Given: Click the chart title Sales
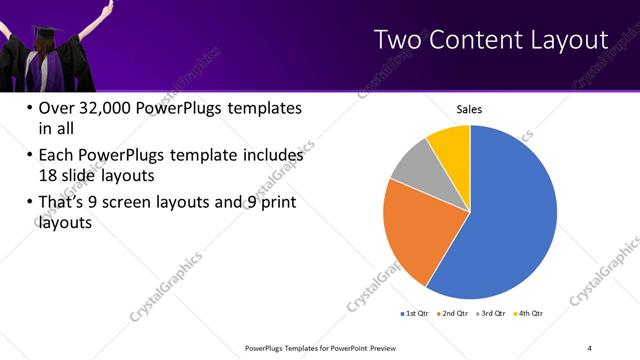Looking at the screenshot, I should point(469,109).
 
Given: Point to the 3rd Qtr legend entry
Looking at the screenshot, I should point(490,313).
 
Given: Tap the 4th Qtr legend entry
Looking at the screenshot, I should point(528,313).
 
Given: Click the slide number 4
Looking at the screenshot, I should point(590,347).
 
